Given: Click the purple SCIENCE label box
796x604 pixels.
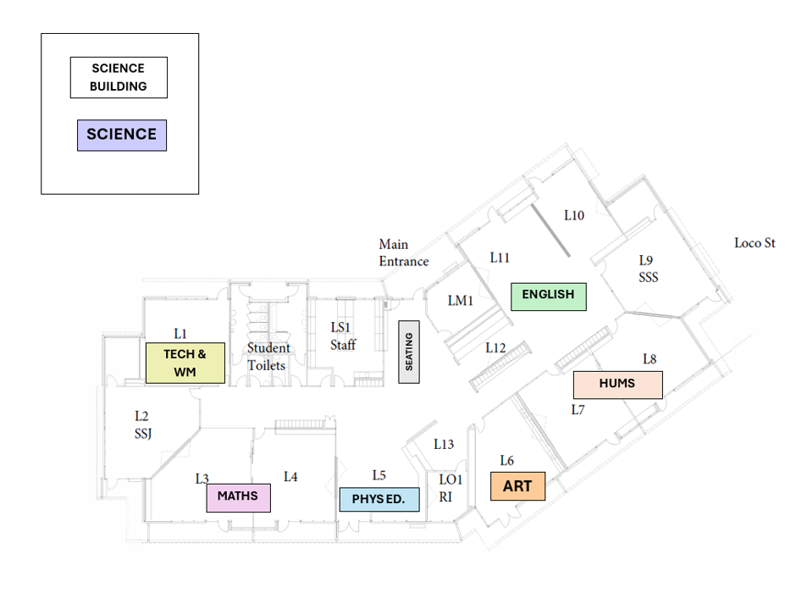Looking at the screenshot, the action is tap(122, 136).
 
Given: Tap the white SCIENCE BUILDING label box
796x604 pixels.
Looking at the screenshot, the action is tap(119, 77).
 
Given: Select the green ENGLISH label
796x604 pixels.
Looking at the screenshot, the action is tap(548, 296).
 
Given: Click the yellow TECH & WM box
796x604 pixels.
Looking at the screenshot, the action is tap(185, 363).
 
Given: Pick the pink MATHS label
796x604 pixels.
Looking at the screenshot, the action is tap(238, 498).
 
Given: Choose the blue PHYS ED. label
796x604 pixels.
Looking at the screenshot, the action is tap(379, 499).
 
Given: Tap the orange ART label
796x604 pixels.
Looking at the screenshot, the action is tap(517, 486).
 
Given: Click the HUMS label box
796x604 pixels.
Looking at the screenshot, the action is tap(618, 385).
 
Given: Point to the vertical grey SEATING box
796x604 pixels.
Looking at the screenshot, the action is tap(409, 352).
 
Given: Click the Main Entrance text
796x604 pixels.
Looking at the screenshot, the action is tap(404, 253).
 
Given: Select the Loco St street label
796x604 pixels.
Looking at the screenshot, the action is tap(755, 243).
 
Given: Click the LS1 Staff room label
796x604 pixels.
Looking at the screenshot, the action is tap(343, 336).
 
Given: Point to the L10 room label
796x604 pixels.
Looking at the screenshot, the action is tap(574, 215).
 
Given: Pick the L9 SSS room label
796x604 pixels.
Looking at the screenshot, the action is tap(648, 269).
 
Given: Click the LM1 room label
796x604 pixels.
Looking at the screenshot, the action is tap(460, 301).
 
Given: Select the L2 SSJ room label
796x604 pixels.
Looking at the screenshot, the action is tap(142, 424).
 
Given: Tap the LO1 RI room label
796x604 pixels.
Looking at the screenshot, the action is tap(451, 488).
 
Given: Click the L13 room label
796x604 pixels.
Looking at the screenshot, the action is tap(443, 445).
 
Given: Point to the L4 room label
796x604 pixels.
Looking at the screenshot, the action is tap(290, 476).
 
